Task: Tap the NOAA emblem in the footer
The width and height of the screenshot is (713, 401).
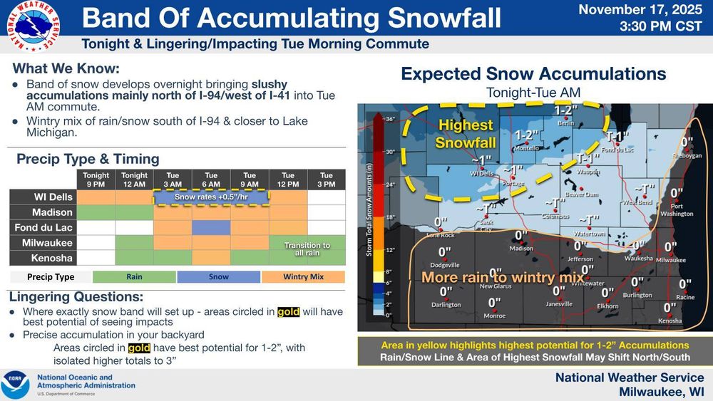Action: pos(15,385)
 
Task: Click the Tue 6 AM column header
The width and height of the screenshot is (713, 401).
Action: pos(211,179)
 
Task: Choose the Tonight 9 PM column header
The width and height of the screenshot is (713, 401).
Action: pos(96,179)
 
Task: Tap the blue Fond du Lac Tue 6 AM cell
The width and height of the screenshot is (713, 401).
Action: pos(211,228)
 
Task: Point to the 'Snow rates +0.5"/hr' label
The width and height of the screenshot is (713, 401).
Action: pos(211,197)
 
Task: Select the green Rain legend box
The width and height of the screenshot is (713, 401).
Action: pos(135,277)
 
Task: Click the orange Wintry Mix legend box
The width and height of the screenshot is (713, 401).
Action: pos(303,277)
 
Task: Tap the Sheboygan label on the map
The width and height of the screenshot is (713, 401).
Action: pos(687,155)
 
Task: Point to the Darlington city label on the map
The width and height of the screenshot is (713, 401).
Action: pos(446,305)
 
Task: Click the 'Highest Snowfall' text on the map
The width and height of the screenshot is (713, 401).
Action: pos(466,134)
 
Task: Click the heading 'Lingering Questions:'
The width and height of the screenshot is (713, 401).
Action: pos(76,296)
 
